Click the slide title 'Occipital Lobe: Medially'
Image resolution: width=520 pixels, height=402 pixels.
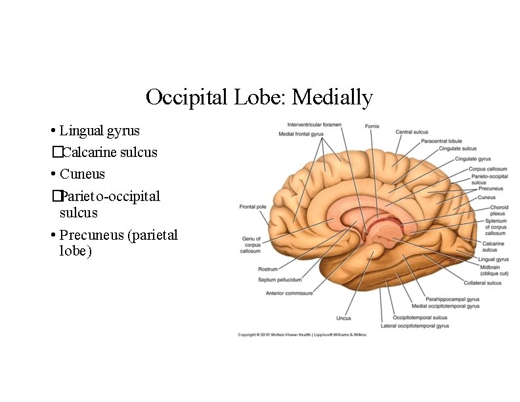tap(259, 97)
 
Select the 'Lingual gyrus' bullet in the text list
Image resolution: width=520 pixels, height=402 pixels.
tap(99, 131)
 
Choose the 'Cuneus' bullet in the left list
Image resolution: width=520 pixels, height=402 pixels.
tap(82, 174)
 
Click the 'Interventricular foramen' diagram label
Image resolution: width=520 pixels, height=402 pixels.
tap(314, 125)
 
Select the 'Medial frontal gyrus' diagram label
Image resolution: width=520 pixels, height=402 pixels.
tap(301, 134)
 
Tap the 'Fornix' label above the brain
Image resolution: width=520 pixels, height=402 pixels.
tap(371, 126)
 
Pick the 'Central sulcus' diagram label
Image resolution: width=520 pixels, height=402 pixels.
tap(412, 132)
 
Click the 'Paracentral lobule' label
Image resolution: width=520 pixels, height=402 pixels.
tap(441, 141)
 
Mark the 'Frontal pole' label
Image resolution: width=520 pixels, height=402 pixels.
tap(252, 207)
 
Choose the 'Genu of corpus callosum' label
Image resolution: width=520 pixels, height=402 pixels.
tap(251, 244)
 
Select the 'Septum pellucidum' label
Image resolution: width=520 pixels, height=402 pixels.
tap(280, 280)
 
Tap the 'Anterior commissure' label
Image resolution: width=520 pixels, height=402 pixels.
tap(289, 293)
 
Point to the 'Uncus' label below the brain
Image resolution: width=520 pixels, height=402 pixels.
tap(343, 319)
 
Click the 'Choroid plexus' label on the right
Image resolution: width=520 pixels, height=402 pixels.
tap(498, 211)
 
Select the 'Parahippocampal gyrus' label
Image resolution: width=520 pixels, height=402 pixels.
tap(452, 299)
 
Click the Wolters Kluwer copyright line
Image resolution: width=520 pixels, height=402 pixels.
tap(302, 334)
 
